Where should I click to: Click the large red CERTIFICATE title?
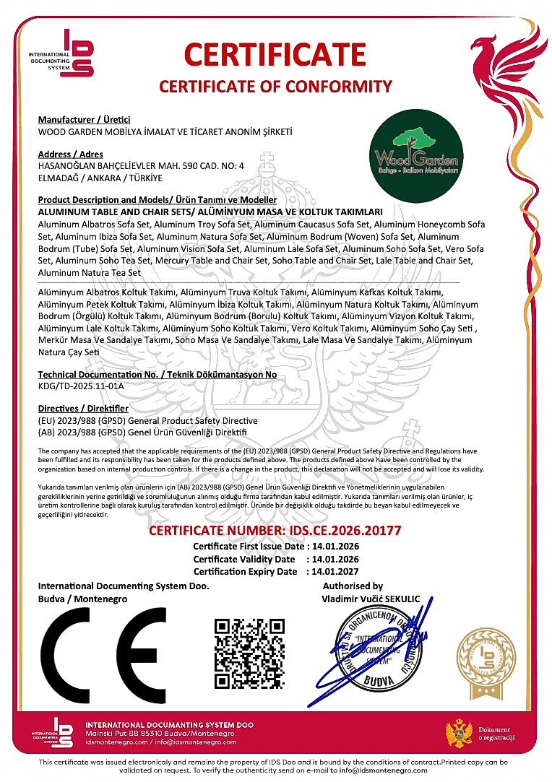pyautogui.click(x=275, y=55)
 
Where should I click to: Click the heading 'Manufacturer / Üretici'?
pyautogui.click(x=84, y=119)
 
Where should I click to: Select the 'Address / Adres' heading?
pyautogui.click(x=70, y=155)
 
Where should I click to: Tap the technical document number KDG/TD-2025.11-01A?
pyautogui.click(x=81, y=386)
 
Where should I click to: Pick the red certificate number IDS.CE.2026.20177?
pyautogui.click(x=275, y=531)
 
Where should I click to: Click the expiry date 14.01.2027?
pyautogui.click(x=335, y=571)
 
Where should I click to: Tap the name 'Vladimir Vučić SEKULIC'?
pyautogui.click(x=370, y=599)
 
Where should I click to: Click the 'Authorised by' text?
pyautogui.click(x=353, y=586)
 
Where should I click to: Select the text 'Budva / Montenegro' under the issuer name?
pyautogui.click(x=82, y=599)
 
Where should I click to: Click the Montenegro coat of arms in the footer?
pyautogui.click(x=459, y=731)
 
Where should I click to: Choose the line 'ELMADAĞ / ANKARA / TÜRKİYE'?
pyautogui.click(x=100, y=178)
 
